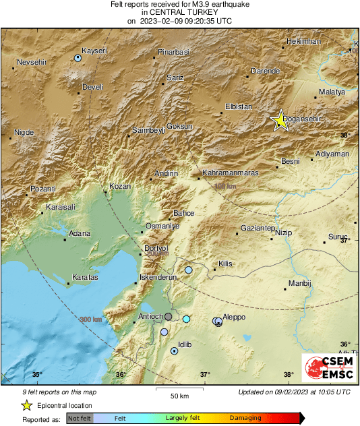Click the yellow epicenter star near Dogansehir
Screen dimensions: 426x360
[x=280, y=120]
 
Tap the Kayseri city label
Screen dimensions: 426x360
[x=94, y=51]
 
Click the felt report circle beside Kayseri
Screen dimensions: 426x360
[x=78, y=59]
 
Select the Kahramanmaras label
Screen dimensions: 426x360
[x=231, y=173]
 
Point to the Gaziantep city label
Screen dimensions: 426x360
[x=258, y=229]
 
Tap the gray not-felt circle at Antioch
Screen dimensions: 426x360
[x=169, y=315]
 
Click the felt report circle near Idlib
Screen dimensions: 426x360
[x=175, y=351]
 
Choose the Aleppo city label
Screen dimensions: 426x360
[x=234, y=317]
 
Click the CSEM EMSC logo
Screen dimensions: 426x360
[x=326, y=368]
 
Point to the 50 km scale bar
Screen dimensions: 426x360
[x=179, y=388]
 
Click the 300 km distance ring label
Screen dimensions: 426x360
[x=91, y=319]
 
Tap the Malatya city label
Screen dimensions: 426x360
[x=331, y=91]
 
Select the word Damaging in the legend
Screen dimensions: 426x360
[x=245, y=418]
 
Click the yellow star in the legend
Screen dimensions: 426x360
[x=26, y=405]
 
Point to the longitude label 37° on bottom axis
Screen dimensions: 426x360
[x=205, y=375]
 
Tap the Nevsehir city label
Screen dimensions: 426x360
[x=30, y=61]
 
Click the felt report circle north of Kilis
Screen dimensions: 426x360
[x=189, y=270]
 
